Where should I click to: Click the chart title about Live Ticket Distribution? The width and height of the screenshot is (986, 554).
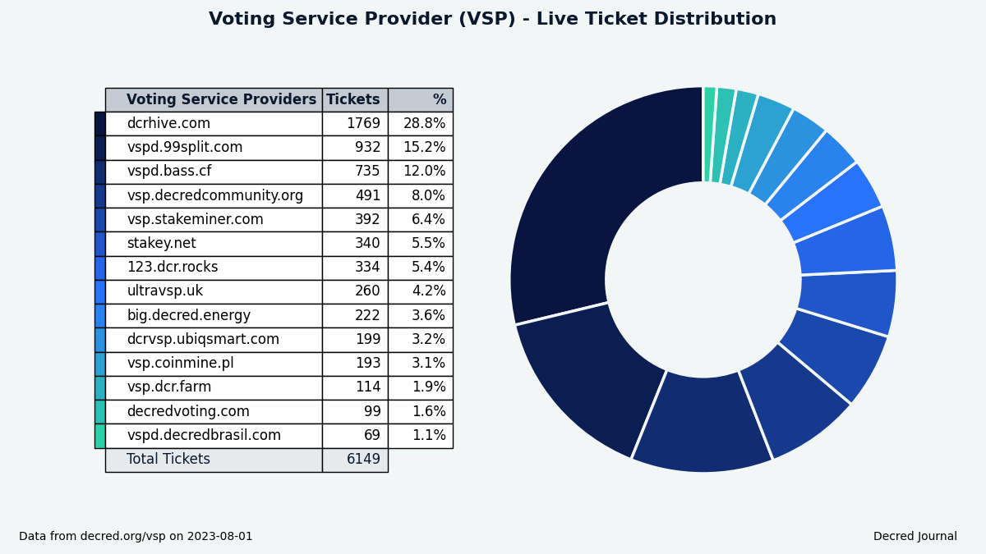(x=492, y=20)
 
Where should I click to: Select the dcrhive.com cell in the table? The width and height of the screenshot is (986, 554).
(x=168, y=124)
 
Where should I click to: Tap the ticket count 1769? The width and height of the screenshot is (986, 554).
(x=362, y=124)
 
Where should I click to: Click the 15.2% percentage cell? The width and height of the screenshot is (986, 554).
(x=424, y=148)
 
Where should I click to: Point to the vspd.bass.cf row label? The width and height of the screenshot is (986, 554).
(x=168, y=172)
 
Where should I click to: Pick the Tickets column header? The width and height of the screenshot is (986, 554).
(x=353, y=100)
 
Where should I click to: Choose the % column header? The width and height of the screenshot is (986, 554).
(x=439, y=100)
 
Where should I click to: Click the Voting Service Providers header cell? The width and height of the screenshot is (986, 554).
(x=220, y=100)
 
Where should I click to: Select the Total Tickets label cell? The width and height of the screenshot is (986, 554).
(x=168, y=460)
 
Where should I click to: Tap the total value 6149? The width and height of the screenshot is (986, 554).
(x=363, y=460)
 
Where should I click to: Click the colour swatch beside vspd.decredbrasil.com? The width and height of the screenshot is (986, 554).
(x=99, y=436)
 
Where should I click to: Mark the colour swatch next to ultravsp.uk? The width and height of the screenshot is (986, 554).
(x=99, y=291)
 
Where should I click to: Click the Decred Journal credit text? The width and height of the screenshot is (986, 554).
(x=915, y=537)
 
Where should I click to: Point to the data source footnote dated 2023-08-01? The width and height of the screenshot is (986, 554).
(x=136, y=537)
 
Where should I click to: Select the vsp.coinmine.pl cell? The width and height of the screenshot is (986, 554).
(x=180, y=364)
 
